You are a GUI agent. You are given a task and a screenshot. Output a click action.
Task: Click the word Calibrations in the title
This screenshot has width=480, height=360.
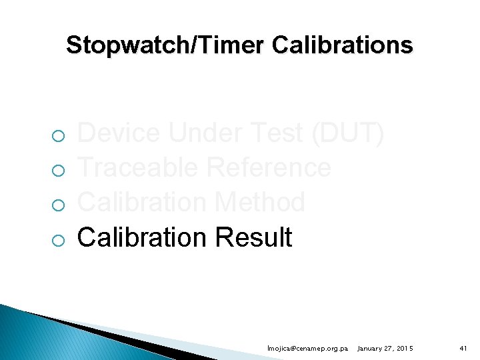[343, 45]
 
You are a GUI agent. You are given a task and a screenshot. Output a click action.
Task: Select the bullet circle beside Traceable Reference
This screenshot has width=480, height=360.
[59, 172]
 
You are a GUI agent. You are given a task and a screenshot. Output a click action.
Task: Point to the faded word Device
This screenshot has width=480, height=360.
[119, 133]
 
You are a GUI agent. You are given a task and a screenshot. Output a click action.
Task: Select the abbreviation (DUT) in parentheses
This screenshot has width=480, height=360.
[347, 133]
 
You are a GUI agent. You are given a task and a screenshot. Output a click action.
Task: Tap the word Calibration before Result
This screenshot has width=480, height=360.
[141, 237]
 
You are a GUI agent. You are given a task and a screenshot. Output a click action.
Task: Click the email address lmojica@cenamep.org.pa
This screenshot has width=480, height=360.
[307, 349]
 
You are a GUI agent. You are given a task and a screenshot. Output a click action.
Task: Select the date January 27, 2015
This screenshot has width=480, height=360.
[385, 349]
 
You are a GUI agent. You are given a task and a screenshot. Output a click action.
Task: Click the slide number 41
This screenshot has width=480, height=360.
[463, 349]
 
